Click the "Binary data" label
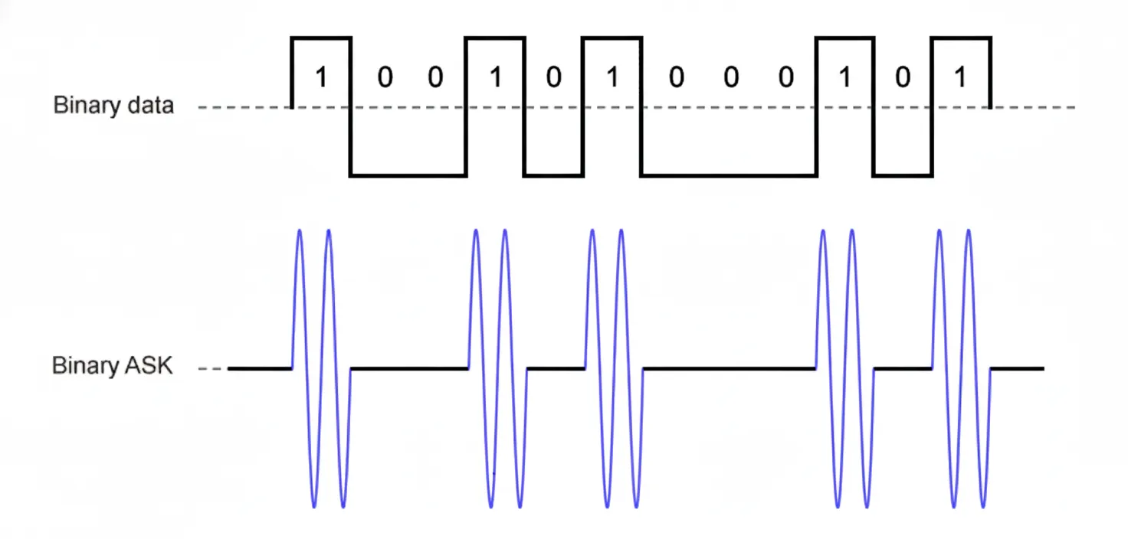113,106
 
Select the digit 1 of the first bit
321,78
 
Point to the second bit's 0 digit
385,78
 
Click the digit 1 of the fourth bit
495,78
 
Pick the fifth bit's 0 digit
553,78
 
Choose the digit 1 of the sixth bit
612,78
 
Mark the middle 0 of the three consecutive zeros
731,78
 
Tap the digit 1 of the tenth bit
844,78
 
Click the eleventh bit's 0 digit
903,78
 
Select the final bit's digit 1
961,78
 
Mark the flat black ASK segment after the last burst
1018,368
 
